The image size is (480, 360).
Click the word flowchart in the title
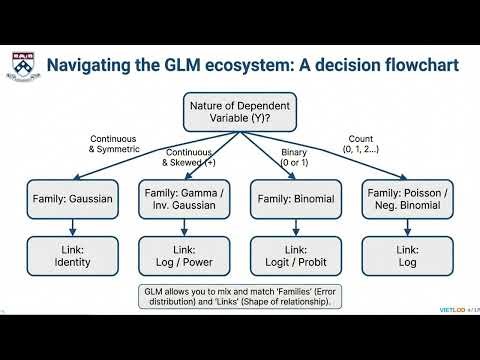[x=417, y=66]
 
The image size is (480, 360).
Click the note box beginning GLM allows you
[x=239, y=297]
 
